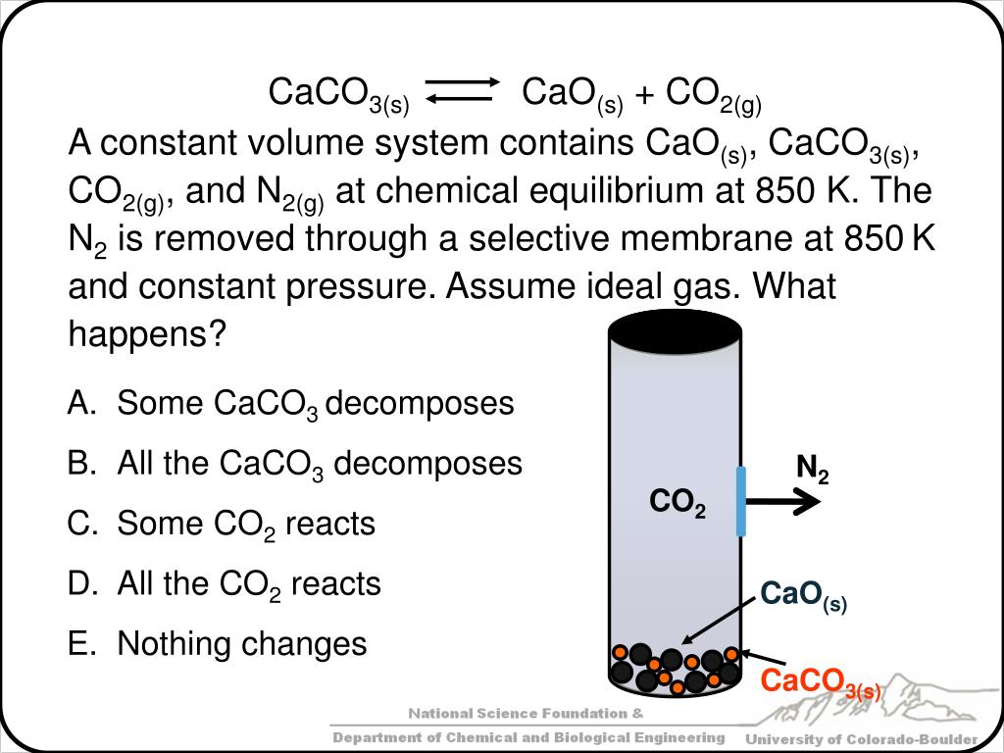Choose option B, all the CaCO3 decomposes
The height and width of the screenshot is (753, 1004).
(320, 464)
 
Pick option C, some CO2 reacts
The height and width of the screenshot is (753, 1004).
(246, 525)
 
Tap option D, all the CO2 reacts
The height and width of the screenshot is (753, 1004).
(249, 584)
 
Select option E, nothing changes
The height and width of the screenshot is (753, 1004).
(241, 644)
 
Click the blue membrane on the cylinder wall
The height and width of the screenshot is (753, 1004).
(741, 501)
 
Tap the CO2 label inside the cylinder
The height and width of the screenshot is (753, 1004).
(678, 504)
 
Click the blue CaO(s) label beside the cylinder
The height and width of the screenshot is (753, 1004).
(803, 595)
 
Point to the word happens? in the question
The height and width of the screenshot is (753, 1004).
(147, 335)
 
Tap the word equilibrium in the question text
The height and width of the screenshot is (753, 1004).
(614, 191)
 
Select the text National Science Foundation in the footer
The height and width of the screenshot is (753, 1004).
(517, 713)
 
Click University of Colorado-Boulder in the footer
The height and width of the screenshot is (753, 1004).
(862, 738)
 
